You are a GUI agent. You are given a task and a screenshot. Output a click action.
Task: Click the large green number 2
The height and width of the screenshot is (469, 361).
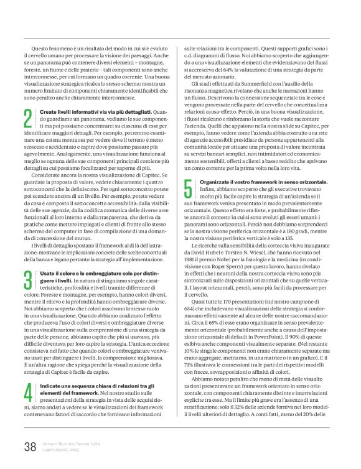pos(28,117)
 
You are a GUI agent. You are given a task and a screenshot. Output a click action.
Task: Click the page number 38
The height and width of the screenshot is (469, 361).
pos(30,446)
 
